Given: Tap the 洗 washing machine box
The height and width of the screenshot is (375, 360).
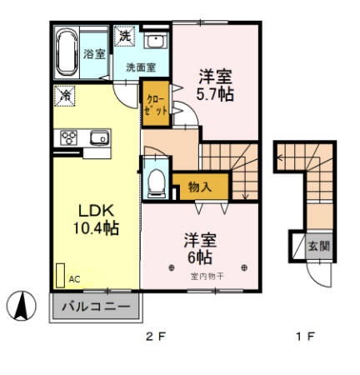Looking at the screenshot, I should [x=124, y=37].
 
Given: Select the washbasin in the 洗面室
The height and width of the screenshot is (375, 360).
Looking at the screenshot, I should [x=155, y=41].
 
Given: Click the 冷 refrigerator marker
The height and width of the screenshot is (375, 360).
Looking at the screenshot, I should [x=64, y=95].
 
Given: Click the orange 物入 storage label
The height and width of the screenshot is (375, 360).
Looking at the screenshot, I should [x=199, y=187].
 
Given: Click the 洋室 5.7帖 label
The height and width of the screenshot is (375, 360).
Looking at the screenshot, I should [x=215, y=85].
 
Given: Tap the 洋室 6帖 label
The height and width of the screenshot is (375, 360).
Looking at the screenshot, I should [x=200, y=247].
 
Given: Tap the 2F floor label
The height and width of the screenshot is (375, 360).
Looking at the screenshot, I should [x=155, y=337].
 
